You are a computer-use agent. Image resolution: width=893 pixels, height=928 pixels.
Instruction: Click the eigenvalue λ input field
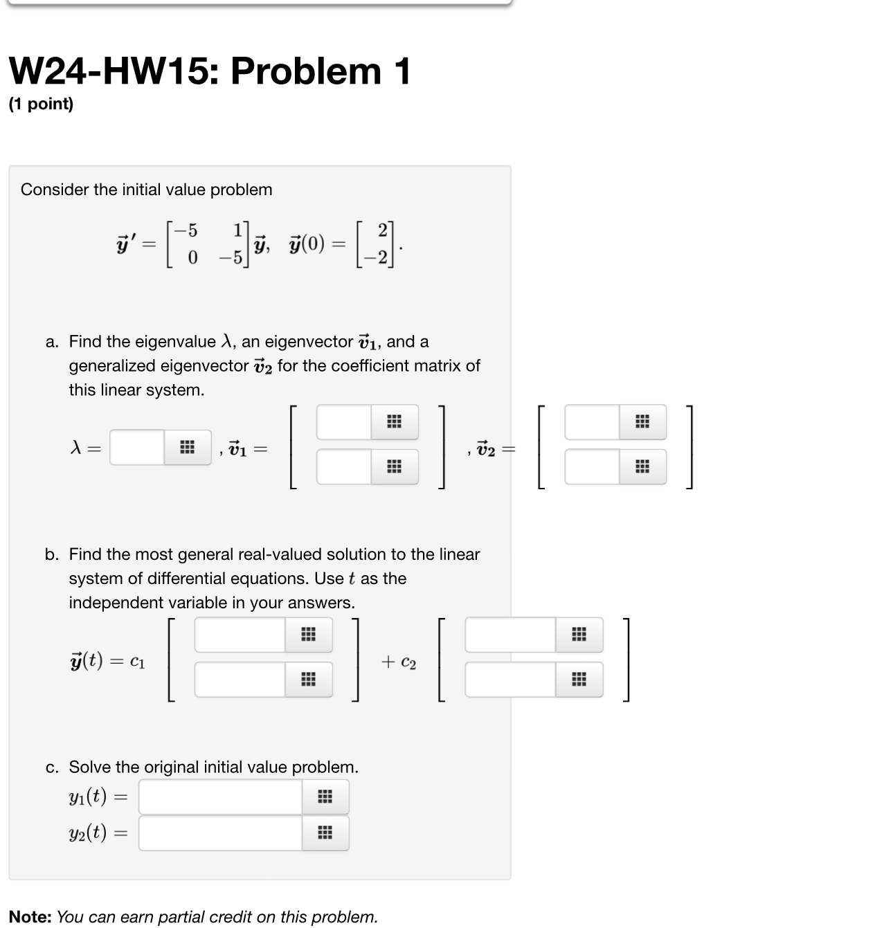(137, 448)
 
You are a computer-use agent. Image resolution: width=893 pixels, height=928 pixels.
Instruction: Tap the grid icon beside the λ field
(187, 448)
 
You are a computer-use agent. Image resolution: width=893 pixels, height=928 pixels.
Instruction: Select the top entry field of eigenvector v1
(344, 422)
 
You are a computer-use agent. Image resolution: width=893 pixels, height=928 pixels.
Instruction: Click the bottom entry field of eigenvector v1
(344, 466)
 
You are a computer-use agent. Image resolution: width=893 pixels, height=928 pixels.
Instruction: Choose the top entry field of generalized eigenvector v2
(592, 422)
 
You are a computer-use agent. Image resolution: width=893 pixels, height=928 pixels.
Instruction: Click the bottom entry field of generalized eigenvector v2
(592, 466)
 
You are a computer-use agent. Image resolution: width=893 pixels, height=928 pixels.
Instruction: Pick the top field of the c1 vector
(240, 635)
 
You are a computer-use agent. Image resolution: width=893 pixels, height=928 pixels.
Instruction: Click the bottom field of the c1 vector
(240, 679)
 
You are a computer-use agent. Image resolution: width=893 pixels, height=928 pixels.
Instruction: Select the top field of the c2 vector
(510, 635)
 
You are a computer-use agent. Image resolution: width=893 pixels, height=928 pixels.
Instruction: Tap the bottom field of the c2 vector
(510, 679)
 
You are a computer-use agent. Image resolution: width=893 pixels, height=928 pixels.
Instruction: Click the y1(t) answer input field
(220, 797)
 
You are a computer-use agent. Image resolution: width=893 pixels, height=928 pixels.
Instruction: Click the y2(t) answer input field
(220, 833)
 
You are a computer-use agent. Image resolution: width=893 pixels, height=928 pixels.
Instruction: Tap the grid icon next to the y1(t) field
(325, 797)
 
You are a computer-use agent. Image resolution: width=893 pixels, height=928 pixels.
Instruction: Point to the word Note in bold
(30, 917)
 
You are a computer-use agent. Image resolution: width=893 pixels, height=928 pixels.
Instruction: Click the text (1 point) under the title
(41, 104)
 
